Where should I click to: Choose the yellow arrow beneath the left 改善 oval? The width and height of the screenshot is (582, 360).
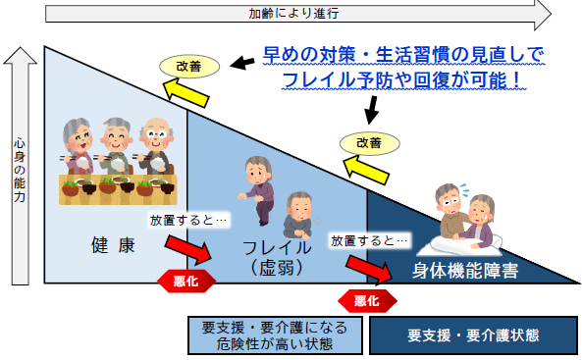pyautogui.click(x=186, y=92)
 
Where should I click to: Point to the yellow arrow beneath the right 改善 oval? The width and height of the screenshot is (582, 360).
pyautogui.click(x=364, y=170)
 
